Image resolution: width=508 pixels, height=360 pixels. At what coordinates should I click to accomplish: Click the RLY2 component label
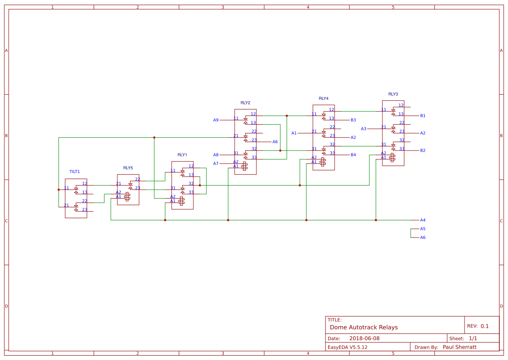tap(245, 103)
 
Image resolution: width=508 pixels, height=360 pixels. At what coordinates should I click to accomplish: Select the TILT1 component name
tap(75, 172)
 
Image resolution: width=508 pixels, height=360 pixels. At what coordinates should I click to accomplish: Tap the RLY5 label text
tap(128, 168)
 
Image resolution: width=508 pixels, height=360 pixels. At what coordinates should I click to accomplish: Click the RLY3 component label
tap(393, 94)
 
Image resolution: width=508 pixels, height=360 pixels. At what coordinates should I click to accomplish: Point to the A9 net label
tap(216, 120)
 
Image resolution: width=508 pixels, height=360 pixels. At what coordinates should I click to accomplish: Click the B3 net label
tap(353, 120)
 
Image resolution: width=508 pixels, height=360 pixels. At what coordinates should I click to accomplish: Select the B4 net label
tap(353, 155)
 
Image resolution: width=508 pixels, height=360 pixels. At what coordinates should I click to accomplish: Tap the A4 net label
tap(423, 220)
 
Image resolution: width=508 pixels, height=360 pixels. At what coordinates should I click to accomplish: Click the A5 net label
tap(423, 229)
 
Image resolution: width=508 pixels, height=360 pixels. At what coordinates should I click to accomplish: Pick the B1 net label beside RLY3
tap(423, 116)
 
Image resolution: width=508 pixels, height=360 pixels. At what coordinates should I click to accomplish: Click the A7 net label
tap(216, 163)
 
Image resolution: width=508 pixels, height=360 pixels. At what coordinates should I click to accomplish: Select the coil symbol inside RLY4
tap(322, 162)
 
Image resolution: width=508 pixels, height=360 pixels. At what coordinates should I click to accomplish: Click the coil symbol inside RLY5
tap(127, 197)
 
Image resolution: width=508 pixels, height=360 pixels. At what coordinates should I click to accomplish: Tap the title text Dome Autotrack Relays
tap(364, 327)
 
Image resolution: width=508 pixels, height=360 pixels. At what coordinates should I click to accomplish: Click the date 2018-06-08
tap(364, 339)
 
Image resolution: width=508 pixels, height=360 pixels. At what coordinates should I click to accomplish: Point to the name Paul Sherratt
tap(459, 347)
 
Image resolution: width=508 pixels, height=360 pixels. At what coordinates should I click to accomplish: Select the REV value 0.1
tap(485, 326)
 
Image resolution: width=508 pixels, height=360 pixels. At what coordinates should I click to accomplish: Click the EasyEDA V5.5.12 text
tap(347, 347)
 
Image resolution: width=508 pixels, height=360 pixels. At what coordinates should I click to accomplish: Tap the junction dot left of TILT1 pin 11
tap(59, 190)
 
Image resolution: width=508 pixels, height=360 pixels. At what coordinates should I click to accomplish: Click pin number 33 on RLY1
tap(191, 192)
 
